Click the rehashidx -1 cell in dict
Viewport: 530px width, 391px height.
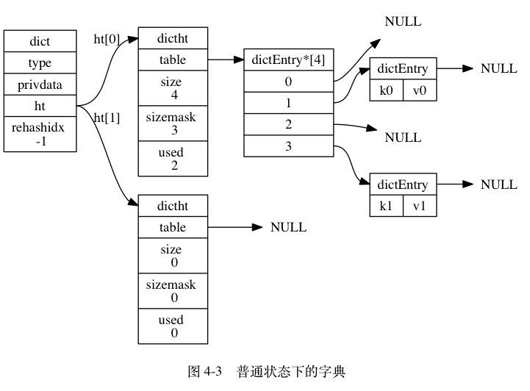40,134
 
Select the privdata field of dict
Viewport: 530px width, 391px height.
40,85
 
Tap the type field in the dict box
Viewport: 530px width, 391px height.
40,63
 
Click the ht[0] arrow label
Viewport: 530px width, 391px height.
107,40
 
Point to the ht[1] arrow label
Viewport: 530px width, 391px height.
107,118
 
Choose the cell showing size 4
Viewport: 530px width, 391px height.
173,88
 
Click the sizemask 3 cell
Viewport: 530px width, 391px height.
173,123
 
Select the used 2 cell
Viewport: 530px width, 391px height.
173,159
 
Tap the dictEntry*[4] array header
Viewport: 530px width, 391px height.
288,60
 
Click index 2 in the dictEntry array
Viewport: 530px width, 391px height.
288,124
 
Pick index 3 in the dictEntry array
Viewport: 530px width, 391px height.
288,146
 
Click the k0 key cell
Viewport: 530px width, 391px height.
386,91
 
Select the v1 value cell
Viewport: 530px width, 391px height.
420,206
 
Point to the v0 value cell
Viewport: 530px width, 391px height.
420,91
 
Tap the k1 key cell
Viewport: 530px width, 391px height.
386,206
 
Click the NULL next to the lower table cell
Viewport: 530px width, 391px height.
288,227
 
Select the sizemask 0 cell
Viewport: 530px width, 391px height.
173,291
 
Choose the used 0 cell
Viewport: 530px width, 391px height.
173,326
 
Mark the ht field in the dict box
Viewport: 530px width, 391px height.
40,106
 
